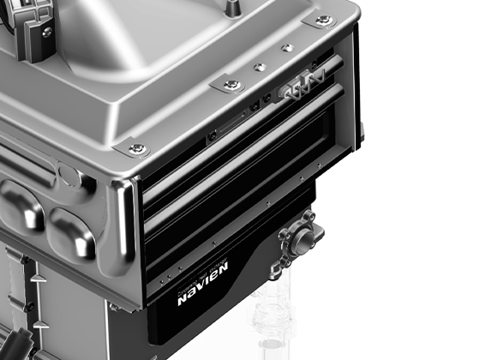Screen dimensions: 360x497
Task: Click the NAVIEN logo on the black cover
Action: pyautogui.click(x=202, y=296)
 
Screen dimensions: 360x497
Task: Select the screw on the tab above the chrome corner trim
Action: pyautogui.click(x=137, y=149)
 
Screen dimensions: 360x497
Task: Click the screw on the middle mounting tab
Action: pyautogui.click(x=232, y=84)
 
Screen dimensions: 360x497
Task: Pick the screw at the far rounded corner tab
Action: pyautogui.click(x=323, y=20)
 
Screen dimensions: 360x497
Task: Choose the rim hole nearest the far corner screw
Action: pyautogui.click(x=287, y=47)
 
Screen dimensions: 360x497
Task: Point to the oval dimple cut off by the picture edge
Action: pyautogui.click(x=15, y=203)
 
